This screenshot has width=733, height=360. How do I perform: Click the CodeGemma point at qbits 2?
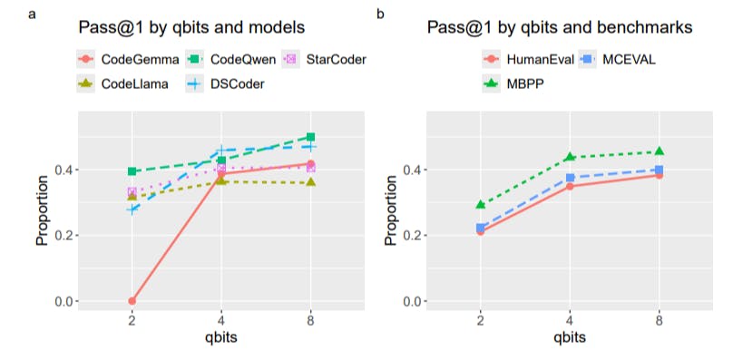tap(132, 300)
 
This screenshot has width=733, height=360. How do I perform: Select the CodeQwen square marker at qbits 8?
tap(311, 137)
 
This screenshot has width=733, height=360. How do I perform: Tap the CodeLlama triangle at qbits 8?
tap(311, 182)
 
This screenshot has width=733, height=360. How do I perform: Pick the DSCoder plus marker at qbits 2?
tap(132, 209)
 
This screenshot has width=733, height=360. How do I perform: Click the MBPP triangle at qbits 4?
tap(570, 158)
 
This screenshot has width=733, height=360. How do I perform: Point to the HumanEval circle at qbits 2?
tap(481, 231)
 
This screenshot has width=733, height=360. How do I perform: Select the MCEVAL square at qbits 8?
tap(659, 170)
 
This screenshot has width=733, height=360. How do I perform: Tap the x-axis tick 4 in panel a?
tap(221, 320)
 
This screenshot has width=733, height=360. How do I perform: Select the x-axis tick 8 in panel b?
tap(659, 320)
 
